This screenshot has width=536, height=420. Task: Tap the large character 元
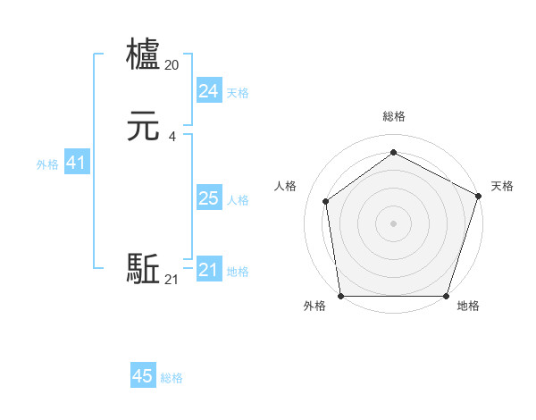tap(144, 128)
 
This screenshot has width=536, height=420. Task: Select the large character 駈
tap(144, 268)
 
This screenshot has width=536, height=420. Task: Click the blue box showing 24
tap(208, 90)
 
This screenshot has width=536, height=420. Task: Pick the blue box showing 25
tap(208, 198)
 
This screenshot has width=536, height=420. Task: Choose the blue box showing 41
tap(76, 164)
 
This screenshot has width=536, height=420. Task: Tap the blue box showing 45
tap(143, 376)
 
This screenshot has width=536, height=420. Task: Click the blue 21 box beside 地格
tap(208, 270)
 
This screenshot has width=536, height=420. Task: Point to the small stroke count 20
tap(172, 64)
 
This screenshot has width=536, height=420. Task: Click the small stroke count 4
tap(172, 137)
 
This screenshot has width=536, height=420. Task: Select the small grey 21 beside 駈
tap(172, 280)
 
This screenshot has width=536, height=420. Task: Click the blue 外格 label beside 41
tap(47, 164)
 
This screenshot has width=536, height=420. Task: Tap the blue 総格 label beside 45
tap(172, 378)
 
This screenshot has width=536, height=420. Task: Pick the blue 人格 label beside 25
tap(239, 200)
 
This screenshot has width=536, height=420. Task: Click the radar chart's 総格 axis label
tap(393, 116)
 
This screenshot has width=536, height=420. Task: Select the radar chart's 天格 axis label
tap(502, 186)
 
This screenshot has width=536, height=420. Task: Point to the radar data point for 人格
tap(326, 201)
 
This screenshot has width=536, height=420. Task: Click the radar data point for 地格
tap(446, 296)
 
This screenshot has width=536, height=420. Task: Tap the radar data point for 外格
tap(340, 296)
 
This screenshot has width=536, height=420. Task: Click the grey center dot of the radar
tap(393, 223)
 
